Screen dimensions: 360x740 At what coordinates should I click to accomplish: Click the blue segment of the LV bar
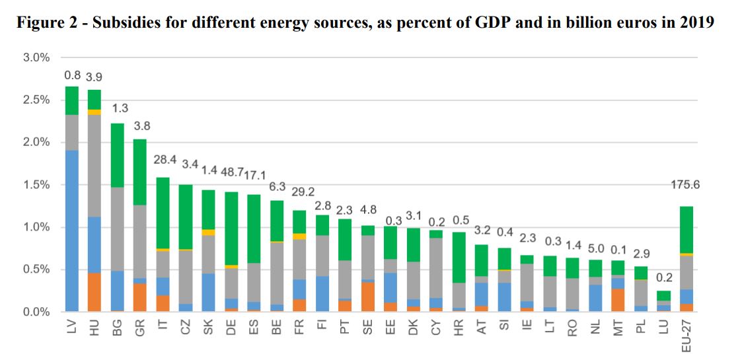[72, 231]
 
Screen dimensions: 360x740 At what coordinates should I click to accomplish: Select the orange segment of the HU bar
[94, 292]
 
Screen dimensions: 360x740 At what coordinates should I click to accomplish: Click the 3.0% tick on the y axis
[37, 57]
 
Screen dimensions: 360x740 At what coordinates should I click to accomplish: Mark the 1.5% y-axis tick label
[37, 185]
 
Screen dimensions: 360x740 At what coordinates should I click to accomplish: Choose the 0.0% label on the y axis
[37, 312]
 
